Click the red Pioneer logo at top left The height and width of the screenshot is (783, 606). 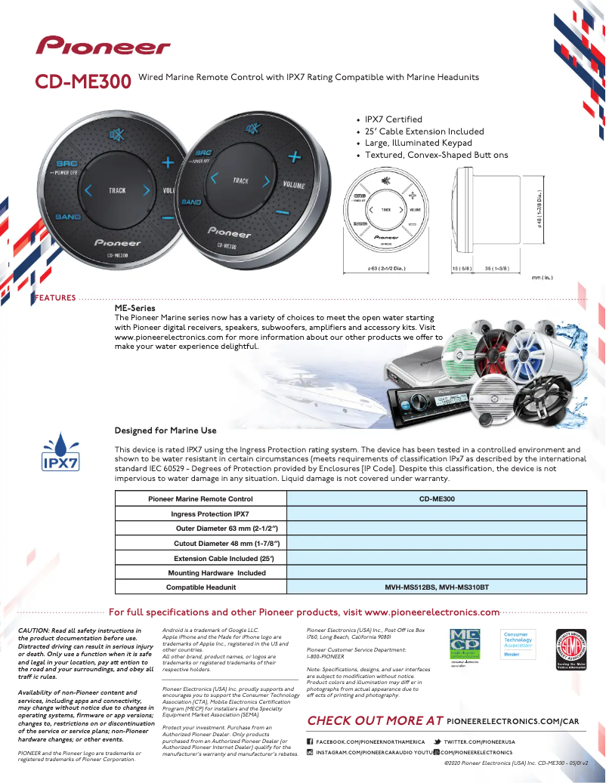tap(104, 46)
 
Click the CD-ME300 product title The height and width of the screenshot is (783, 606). tap(83, 82)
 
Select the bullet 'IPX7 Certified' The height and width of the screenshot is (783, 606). tap(393, 119)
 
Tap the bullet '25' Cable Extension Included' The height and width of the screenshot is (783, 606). tap(424, 131)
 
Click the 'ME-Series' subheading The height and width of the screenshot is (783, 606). tap(134, 308)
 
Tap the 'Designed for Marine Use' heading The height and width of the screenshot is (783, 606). tap(165, 430)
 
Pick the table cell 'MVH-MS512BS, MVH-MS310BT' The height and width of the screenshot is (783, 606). tap(437, 587)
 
